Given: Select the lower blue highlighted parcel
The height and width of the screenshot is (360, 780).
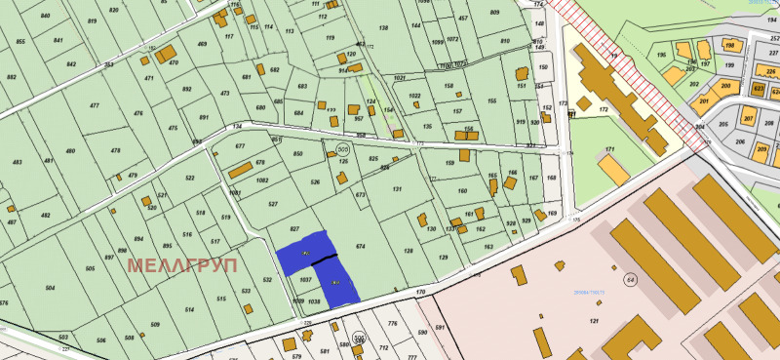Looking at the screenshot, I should (x=336, y=282).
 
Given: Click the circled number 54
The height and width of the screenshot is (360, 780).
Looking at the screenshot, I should (x=631, y=280).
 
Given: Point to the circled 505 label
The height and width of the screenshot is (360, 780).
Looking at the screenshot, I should (x=342, y=148).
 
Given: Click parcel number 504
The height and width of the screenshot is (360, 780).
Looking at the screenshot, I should (x=50, y=289).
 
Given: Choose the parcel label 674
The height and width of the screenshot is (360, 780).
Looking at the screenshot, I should (x=361, y=247).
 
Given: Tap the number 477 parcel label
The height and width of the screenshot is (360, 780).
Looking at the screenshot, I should (x=95, y=105).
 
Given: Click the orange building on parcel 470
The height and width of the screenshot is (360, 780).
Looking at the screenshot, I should (x=167, y=52).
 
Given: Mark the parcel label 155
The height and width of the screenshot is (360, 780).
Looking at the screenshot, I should (x=492, y=100).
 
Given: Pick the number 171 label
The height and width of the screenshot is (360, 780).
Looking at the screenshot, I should (x=610, y=149).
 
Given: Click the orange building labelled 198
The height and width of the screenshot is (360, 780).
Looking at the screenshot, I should (x=727, y=46).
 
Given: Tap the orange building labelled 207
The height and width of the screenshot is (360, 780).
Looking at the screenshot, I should (x=749, y=119).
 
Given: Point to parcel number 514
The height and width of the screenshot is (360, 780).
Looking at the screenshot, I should (x=189, y=309).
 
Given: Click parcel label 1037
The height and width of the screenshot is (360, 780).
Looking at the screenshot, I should (x=304, y=279).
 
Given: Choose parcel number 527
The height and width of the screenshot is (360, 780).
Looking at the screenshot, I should (x=274, y=204).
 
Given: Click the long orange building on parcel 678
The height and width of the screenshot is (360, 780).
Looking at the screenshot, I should (x=241, y=170).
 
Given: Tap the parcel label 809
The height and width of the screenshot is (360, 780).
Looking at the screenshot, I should (x=493, y=13).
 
